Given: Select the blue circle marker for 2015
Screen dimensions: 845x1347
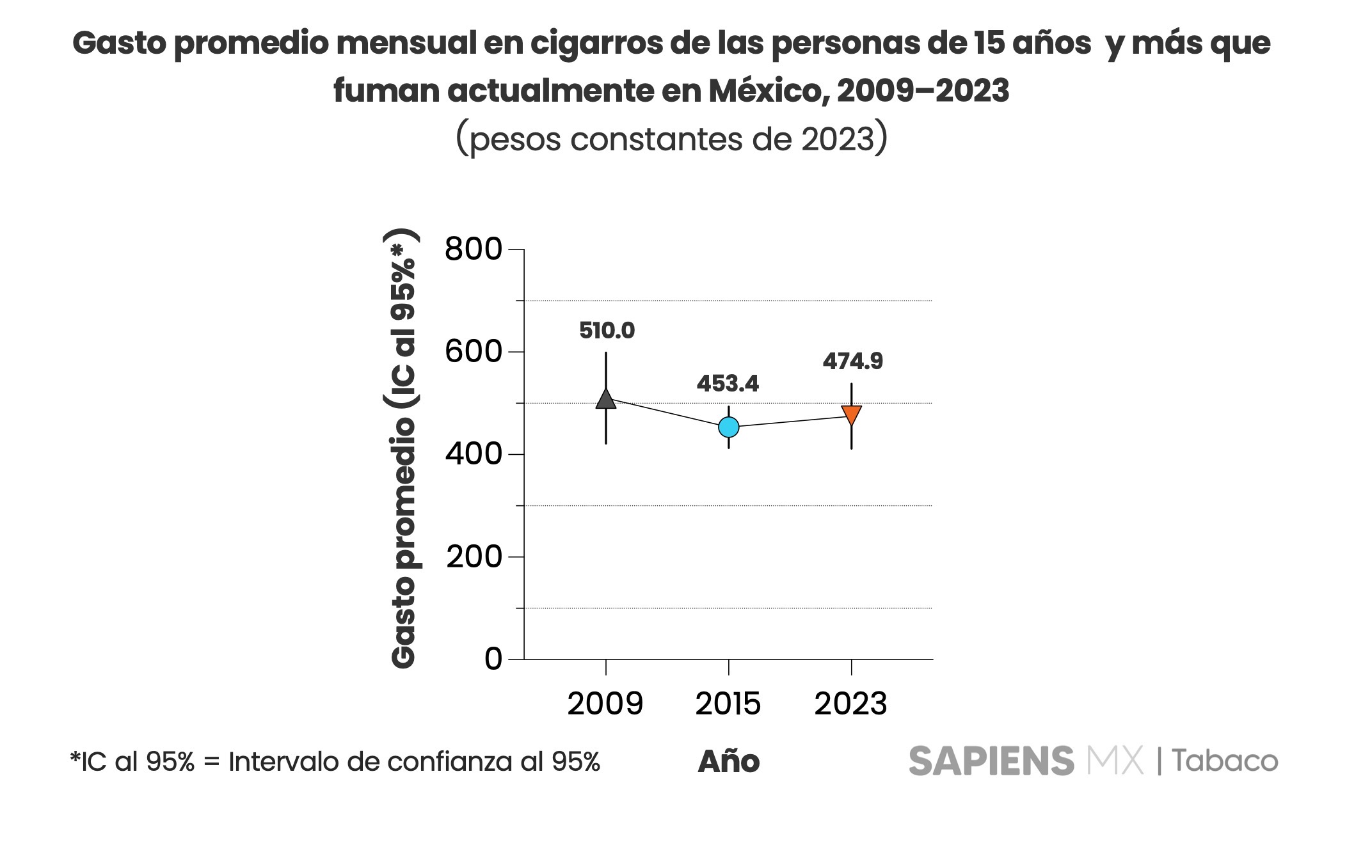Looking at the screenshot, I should coord(728,427).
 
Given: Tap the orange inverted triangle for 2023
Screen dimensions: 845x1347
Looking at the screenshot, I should coord(851,415).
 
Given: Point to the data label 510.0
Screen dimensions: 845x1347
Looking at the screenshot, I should coord(607,331).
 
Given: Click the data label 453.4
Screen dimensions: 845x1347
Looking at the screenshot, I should coord(728,384).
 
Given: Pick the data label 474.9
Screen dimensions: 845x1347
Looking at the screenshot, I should coord(852,361).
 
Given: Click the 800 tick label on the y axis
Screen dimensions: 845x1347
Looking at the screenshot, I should coord(474,249).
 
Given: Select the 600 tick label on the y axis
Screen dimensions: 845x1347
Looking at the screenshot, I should coord(474,351).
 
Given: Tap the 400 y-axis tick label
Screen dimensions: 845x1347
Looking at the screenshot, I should coord(474,454).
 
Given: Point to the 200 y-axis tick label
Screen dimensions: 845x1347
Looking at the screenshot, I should coord(474,557).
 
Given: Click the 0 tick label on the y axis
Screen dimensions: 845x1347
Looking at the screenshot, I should coord(493,659).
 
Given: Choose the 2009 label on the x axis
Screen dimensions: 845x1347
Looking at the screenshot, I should coord(605,704).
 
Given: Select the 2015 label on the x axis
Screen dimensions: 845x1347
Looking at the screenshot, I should coord(728,704).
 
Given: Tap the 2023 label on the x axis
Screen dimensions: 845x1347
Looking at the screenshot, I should coord(850,704).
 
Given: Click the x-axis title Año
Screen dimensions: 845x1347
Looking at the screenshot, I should coord(728,761).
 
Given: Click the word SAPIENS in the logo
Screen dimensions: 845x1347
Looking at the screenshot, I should coord(991,761).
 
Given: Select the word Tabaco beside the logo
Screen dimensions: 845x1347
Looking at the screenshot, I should coord(1225,761).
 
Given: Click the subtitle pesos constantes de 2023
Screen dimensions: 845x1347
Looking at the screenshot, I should coord(671,138).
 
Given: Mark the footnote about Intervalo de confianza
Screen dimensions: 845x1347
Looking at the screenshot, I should coord(335,761).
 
